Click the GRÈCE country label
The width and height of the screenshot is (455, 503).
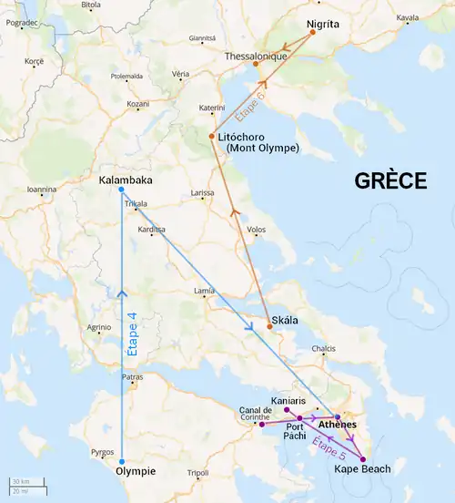390,180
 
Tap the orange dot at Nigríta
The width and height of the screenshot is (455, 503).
312,33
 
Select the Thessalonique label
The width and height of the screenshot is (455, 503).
257,56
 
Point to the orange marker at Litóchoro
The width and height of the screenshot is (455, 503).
211,136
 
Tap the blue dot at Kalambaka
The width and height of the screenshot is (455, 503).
121,190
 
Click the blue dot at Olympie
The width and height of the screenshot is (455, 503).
122,461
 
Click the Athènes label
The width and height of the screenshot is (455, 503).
337,426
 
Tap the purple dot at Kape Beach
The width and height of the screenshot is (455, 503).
363,459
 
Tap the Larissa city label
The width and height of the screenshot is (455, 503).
203,194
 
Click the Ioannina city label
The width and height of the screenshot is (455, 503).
41,190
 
